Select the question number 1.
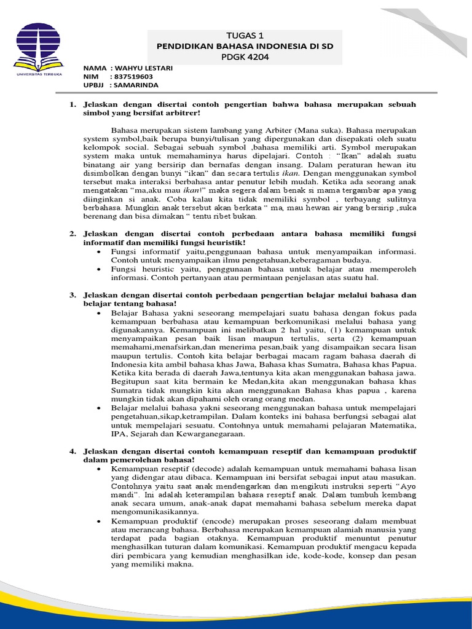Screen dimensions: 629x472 [x=72, y=104]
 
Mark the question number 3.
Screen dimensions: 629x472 [x=72, y=295]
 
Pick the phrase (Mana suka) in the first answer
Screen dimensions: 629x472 [x=326, y=131]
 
